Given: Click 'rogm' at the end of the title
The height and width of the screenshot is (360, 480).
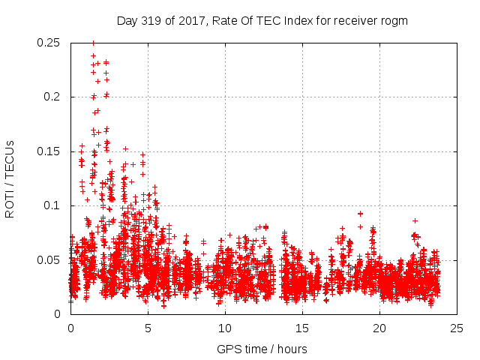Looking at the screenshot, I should tap(394, 21).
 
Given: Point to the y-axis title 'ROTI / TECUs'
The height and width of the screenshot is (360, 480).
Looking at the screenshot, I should tap(10, 178).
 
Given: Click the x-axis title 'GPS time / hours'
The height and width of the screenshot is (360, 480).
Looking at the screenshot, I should tap(262, 349).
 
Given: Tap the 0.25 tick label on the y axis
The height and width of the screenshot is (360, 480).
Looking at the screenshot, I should tap(49, 43).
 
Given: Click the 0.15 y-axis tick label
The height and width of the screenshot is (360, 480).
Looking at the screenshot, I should tap(49, 151).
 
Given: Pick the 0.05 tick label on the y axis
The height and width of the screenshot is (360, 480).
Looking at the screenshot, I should tap(49, 260).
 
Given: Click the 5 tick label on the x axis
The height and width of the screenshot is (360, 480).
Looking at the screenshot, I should tap(148, 328).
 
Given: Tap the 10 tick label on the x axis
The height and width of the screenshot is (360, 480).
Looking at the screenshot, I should tap(225, 328).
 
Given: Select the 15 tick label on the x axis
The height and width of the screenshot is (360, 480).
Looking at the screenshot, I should tap(302, 328).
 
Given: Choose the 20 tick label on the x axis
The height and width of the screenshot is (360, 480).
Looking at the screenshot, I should tap(379, 328).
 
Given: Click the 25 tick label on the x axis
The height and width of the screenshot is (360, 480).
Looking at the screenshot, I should tap(457, 328).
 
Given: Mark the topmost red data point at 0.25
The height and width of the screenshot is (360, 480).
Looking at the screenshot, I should tap(93, 43).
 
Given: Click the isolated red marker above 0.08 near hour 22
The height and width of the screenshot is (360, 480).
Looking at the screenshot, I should tap(415, 220).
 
